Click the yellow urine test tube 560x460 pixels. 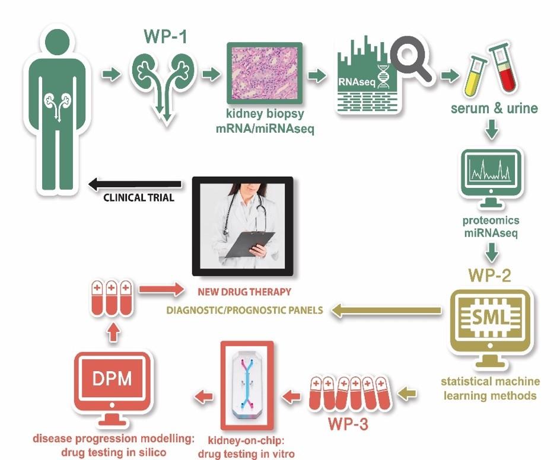tap(476, 69)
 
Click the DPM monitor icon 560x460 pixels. tap(112, 383)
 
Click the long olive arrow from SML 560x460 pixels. tap(386, 309)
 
